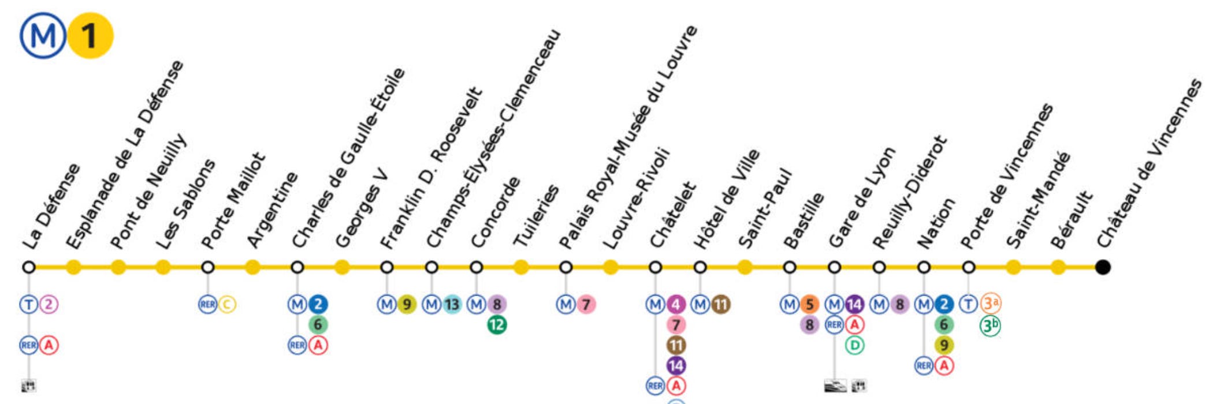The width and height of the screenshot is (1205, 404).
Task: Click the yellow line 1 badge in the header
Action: [90, 36]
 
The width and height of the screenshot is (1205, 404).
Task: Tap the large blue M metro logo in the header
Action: [43, 36]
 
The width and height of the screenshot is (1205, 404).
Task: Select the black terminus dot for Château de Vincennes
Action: [1103, 267]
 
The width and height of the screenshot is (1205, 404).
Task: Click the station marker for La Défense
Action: [29, 267]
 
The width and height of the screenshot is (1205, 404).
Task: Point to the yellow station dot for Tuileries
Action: [521, 267]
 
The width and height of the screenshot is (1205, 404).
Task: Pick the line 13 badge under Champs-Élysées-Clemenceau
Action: [452, 304]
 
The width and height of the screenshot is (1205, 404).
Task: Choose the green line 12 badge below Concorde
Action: [497, 325]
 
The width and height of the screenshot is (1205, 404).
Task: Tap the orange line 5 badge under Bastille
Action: [809, 304]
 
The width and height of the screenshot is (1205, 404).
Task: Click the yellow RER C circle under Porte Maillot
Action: [227, 304]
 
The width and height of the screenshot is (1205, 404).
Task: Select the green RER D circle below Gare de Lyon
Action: [854, 346]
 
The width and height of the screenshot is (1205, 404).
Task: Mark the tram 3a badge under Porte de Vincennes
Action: [991, 303]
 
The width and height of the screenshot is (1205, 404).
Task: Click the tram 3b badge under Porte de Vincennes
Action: [991, 326]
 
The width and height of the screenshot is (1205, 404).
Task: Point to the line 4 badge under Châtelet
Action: [676, 304]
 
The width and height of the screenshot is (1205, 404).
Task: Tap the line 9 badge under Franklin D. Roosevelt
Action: [407, 304]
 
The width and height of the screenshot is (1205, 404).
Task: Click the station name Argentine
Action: [272, 210]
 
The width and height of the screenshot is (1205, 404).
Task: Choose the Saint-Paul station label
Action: [765, 209]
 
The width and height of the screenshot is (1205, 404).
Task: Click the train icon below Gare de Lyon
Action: [835, 386]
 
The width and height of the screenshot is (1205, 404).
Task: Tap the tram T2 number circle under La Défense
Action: [49, 304]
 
